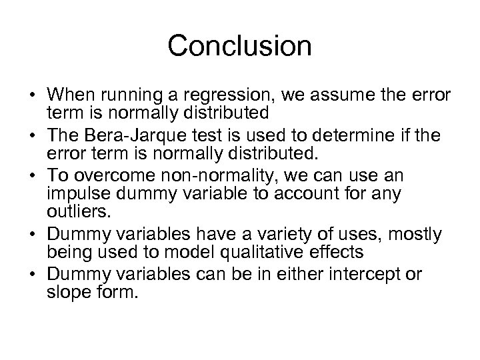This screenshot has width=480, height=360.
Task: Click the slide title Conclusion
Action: point(239,46)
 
